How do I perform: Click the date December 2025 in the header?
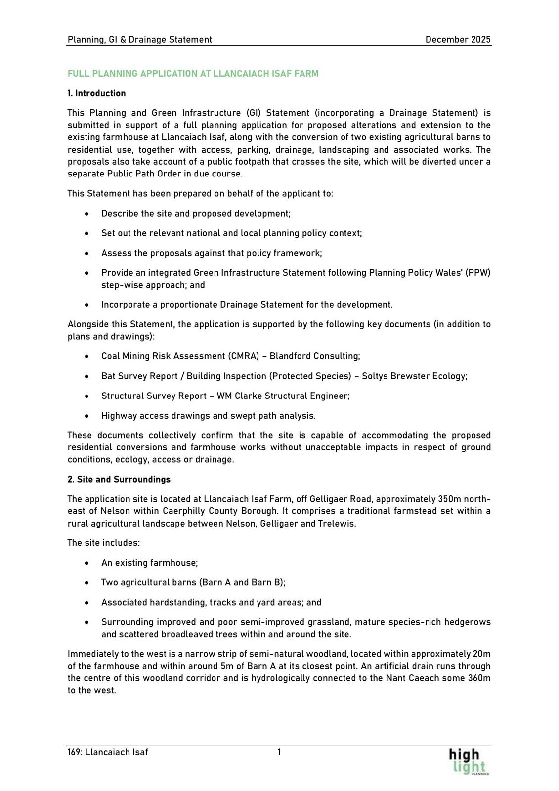tap(458, 40)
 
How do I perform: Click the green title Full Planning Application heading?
tap(193, 74)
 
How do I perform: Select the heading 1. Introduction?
tap(96, 93)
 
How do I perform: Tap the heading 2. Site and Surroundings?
tap(119, 479)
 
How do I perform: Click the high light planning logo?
tap(467, 761)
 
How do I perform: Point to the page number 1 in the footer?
tap(279, 752)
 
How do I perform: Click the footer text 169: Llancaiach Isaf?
tap(108, 752)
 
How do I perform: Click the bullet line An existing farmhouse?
tap(149, 563)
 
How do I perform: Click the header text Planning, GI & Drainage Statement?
tap(140, 40)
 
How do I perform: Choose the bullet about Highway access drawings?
tap(208, 416)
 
